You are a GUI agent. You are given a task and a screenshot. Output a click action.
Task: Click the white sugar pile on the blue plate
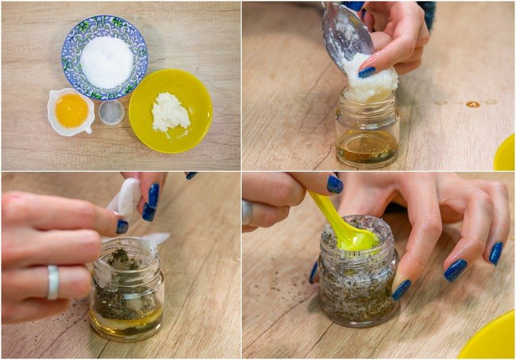106,62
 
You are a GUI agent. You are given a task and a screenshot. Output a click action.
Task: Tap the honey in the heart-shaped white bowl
72,111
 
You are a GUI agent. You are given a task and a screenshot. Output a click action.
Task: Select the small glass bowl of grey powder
111,112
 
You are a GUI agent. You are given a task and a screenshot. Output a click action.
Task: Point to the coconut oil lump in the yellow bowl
169,112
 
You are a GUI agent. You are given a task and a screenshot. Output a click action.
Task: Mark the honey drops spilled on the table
473,104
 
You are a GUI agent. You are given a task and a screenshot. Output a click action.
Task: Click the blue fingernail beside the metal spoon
367,72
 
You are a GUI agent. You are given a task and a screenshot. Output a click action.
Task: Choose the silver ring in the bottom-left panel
53,282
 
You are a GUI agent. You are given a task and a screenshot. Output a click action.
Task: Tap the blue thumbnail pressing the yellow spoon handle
334,184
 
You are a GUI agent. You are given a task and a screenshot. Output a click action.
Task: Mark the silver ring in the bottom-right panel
247,211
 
